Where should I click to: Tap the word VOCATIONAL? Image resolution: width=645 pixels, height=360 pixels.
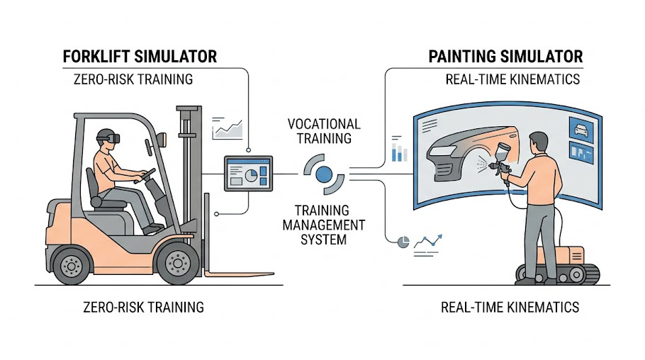(324, 124)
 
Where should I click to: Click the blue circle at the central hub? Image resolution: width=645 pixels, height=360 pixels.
(324, 174)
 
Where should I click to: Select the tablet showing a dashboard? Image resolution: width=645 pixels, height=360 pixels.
(247, 173)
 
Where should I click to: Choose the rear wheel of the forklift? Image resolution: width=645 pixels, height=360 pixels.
(72, 264)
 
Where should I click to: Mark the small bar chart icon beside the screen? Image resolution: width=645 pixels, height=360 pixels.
(399, 150)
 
